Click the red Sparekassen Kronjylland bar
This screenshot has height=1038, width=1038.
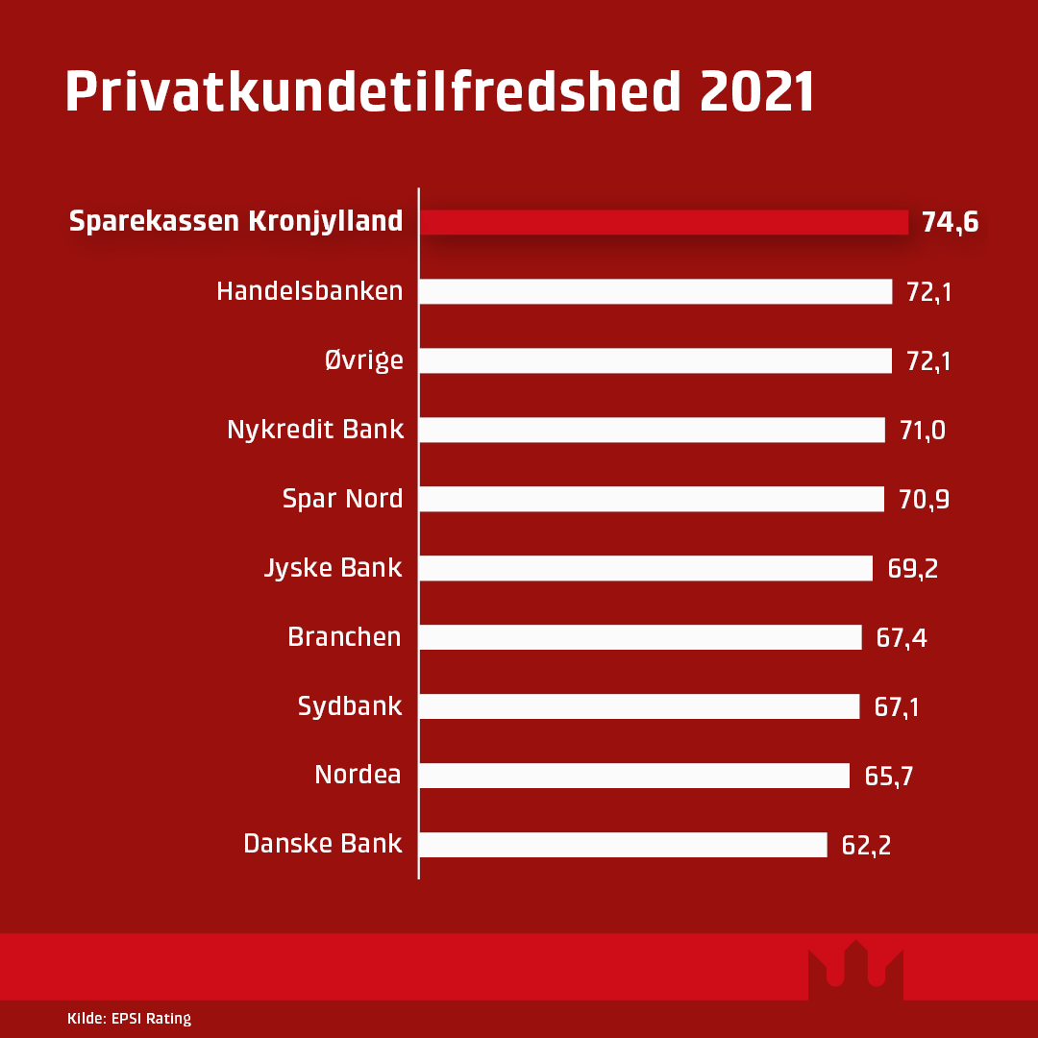pyautogui.click(x=663, y=222)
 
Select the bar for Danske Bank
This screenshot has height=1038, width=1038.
pyautogui.click(x=623, y=845)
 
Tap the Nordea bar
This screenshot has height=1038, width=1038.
pyautogui.click(x=634, y=776)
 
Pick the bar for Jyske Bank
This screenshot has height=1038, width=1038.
pyautogui.click(x=646, y=568)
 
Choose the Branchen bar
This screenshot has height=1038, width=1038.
pyautogui.click(x=640, y=637)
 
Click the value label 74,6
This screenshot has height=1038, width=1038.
pyautogui.click(x=950, y=222)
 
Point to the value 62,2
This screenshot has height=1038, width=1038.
pyautogui.click(x=866, y=846)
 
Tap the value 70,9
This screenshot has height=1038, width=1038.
pyautogui.click(x=924, y=500)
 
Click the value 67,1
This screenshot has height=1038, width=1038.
pyautogui.click(x=897, y=707)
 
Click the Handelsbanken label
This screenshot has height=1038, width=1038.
pyautogui.click(x=309, y=291)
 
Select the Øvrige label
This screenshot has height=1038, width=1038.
pyautogui.click(x=363, y=360)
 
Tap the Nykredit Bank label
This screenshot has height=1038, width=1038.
pyautogui.click(x=315, y=430)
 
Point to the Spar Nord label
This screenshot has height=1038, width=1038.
pyautogui.click(x=342, y=499)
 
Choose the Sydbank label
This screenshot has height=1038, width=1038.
pyautogui.click(x=350, y=707)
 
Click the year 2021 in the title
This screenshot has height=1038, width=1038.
pyautogui.click(x=757, y=92)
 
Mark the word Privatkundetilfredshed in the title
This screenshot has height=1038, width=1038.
pyautogui.click(x=373, y=92)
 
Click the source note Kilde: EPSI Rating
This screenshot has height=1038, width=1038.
pyautogui.click(x=130, y=1019)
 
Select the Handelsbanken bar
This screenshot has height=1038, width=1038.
pyautogui.click(x=655, y=291)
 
